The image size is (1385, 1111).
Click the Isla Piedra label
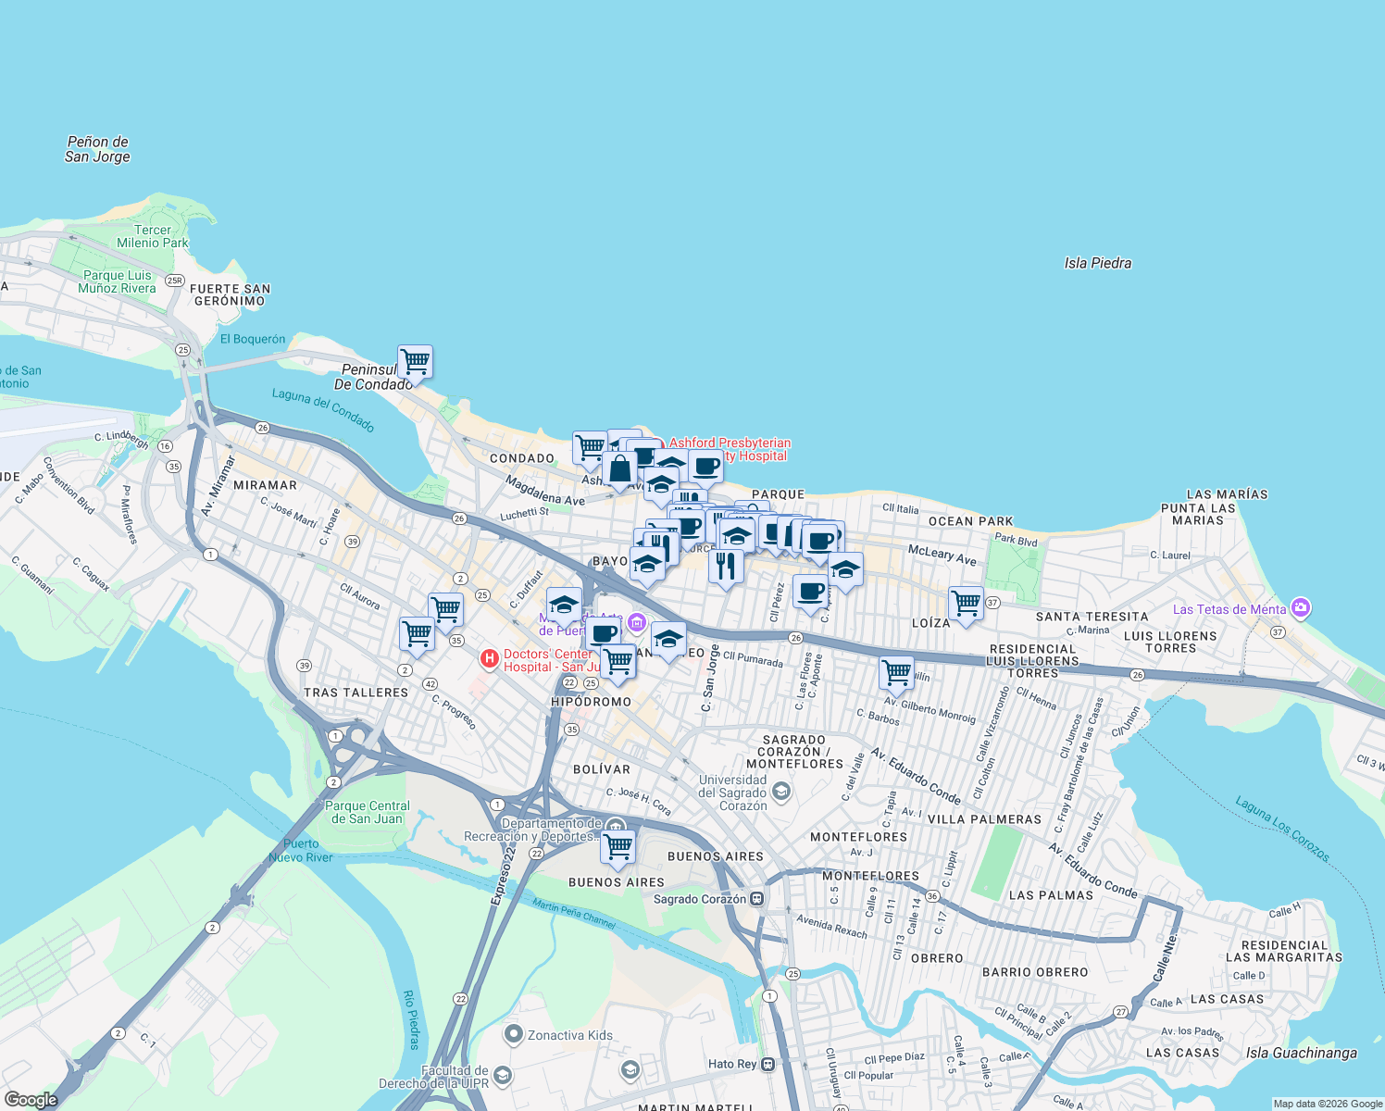tap(1097, 263)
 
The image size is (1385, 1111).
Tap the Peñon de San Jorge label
tap(97, 149)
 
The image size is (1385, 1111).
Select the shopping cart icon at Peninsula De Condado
tap(416, 362)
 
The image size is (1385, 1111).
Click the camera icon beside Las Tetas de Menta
tap(1301, 608)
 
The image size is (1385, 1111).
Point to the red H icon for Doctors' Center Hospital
tap(490, 659)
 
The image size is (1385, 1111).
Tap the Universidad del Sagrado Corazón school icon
tap(781, 791)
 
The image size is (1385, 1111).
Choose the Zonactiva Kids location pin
tap(514, 1034)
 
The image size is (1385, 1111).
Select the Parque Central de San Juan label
tap(368, 812)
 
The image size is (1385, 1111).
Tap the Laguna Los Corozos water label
tap(1282, 829)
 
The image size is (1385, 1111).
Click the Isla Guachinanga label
tap(1301, 1053)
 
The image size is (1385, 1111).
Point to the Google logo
tap(31, 1099)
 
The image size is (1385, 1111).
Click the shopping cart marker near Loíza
tap(966, 604)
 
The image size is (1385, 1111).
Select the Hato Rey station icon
tap(767, 1064)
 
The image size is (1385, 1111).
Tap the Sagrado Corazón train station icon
tap(757, 898)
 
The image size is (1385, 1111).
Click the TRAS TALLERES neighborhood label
tap(356, 693)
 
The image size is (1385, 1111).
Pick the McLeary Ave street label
tap(942, 555)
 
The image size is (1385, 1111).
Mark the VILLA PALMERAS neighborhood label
tap(984, 819)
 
